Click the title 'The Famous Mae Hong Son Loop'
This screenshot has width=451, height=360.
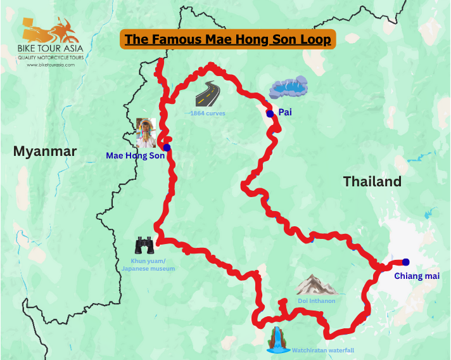point(227,39)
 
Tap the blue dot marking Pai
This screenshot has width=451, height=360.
point(270,113)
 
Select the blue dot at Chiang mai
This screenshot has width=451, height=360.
point(405,262)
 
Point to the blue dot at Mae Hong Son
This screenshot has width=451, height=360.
point(167,147)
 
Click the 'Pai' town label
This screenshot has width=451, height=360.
point(285,112)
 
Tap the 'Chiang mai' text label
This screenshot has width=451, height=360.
point(416,276)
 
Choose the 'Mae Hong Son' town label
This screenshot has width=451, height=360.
point(135,155)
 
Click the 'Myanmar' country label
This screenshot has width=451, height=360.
point(44,151)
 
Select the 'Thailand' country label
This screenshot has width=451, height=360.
point(372,181)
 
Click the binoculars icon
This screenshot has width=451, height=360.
point(144,245)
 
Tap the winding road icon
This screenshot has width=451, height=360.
point(207,95)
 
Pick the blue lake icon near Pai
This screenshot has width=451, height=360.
point(289,87)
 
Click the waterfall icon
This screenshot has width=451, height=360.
point(276,340)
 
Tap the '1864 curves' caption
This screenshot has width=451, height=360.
point(207,113)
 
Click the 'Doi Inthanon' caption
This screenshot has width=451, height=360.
point(316,300)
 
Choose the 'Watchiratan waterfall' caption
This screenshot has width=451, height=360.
point(322,350)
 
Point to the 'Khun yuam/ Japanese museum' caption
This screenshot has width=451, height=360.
point(148,264)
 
